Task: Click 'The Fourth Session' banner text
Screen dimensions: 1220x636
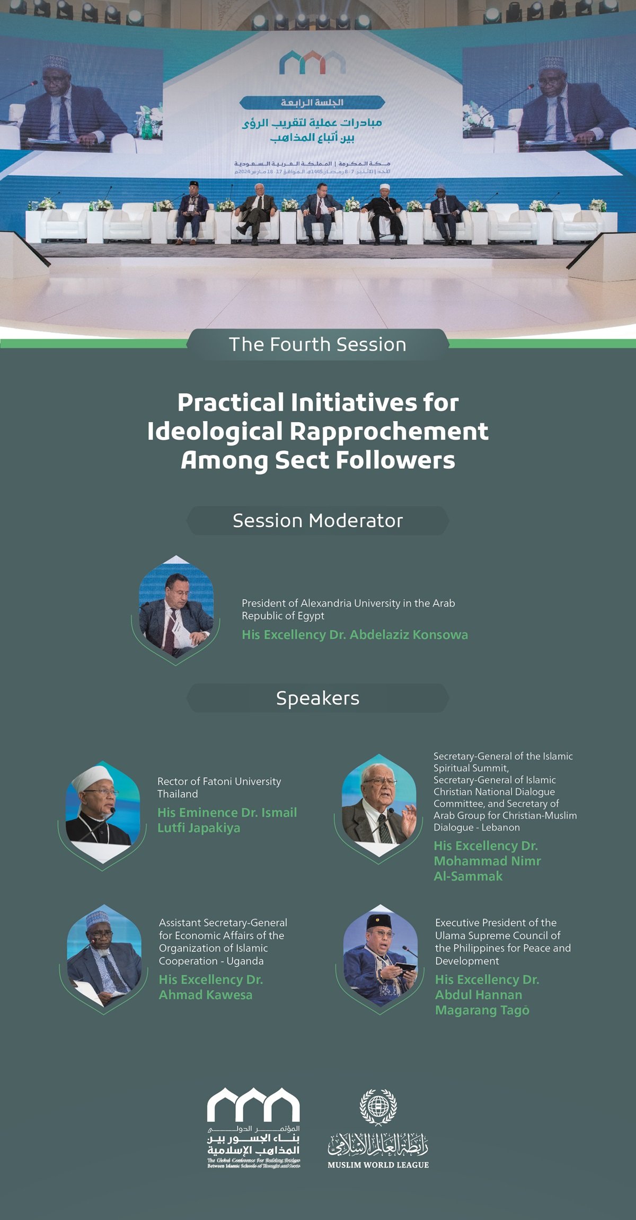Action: click(317, 345)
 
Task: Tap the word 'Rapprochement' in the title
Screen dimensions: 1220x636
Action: click(388, 431)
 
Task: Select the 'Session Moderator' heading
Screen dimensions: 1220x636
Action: click(317, 521)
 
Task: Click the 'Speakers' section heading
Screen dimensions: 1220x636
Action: click(317, 698)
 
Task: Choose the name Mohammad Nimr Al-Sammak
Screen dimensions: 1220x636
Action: click(487, 861)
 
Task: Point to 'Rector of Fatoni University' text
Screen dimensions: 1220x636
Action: click(219, 781)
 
